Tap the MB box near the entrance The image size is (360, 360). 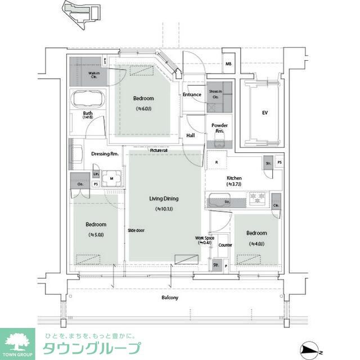(x=228, y=64)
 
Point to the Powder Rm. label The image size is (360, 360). (x=219, y=128)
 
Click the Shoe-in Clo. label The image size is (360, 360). (x=215, y=93)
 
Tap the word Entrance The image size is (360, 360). (x=192, y=94)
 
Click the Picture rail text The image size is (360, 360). (x=159, y=151)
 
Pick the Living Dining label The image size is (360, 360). (x=164, y=199)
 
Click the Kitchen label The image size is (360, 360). (x=233, y=178)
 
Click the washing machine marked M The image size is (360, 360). (x=112, y=178)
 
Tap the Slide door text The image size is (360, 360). (x=136, y=230)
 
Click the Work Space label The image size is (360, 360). (x=203, y=240)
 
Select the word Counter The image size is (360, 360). (x=225, y=245)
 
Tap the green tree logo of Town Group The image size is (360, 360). (x=17, y=343)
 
